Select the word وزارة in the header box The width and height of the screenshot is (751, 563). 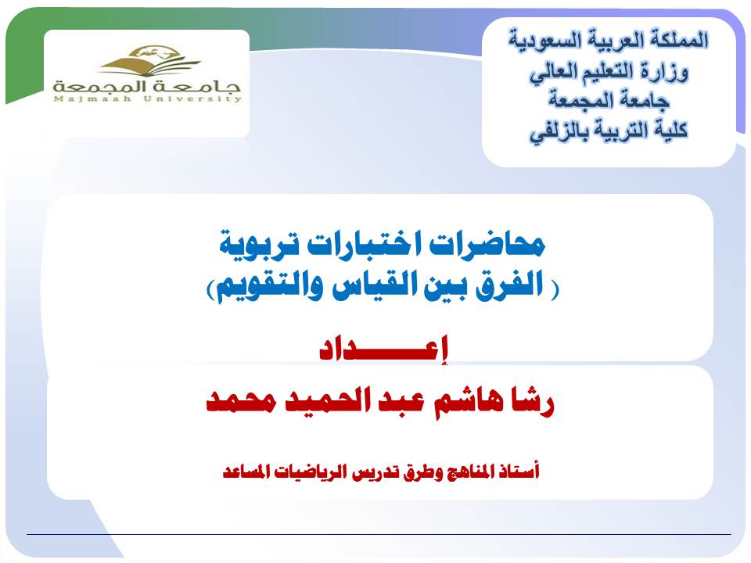[667, 73]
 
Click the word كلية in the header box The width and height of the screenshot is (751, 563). [671, 130]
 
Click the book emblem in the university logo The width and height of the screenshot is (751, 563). [149, 61]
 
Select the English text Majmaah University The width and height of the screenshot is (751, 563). [148, 99]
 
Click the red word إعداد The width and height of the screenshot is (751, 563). [383, 349]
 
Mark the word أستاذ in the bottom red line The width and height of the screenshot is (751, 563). [519, 471]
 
